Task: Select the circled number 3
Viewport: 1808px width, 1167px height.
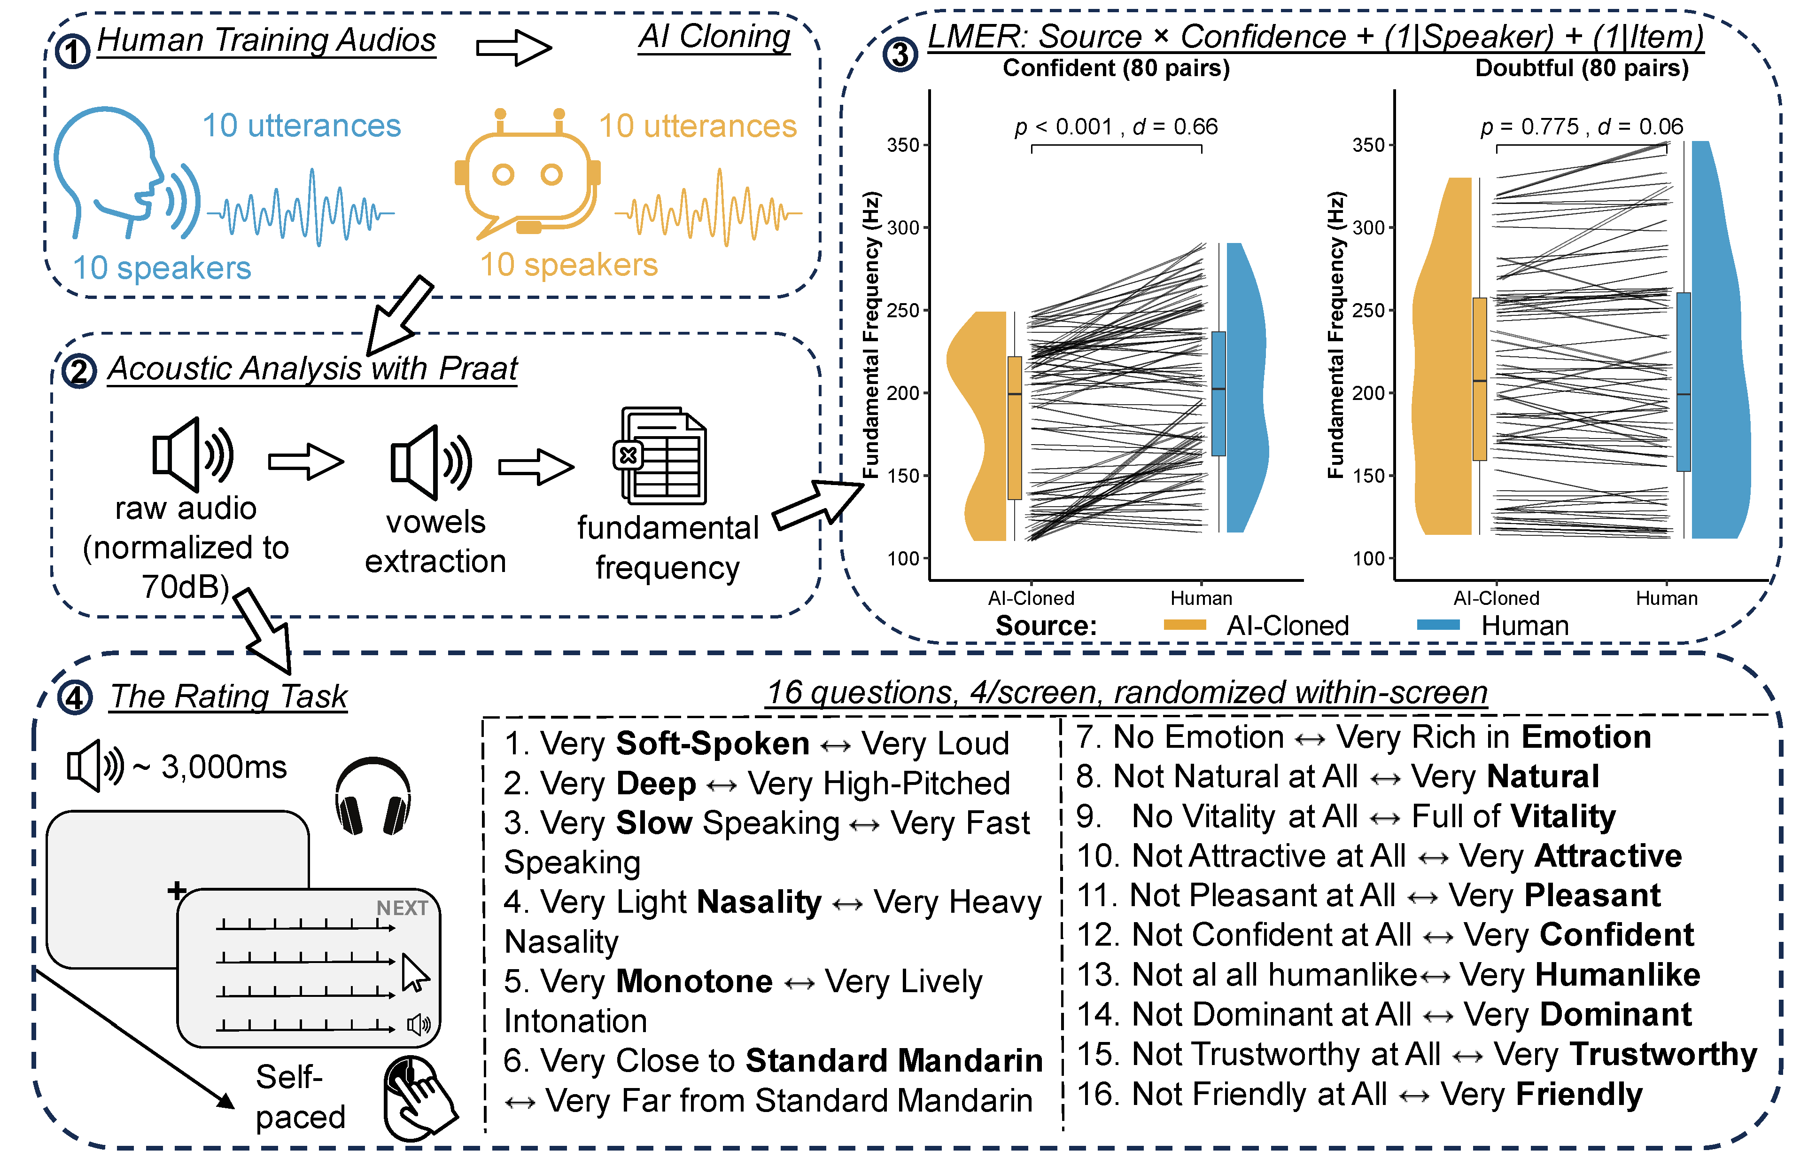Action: (900, 55)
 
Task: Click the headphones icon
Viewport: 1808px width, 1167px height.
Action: (372, 796)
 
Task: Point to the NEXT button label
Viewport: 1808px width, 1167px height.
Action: (402, 908)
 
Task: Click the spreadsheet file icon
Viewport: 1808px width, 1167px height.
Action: (660, 456)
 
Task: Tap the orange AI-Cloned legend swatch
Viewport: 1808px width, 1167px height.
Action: (1184, 625)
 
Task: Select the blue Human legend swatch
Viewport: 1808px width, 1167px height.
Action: (1437, 625)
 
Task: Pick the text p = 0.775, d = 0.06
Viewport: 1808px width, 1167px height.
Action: (1582, 126)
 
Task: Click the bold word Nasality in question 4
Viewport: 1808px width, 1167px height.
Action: (759, 902)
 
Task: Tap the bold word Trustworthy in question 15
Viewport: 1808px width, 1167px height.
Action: (1662, 1054)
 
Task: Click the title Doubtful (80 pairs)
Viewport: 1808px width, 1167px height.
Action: (1582, 68)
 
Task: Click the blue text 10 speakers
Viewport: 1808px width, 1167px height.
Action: (161, 267)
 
